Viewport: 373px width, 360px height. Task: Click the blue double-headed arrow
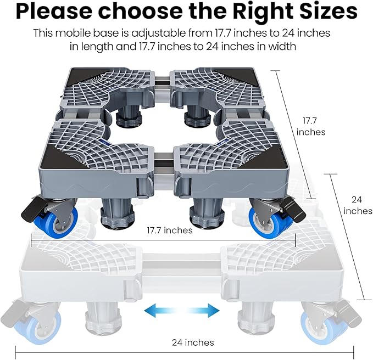(182, 310)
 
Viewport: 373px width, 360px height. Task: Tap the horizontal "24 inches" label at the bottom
(193, 342)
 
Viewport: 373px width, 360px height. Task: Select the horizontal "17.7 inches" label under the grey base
(170, 230)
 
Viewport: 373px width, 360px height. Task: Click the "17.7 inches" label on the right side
(310, 126)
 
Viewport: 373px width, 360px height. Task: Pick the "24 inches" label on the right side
(358, 205)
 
